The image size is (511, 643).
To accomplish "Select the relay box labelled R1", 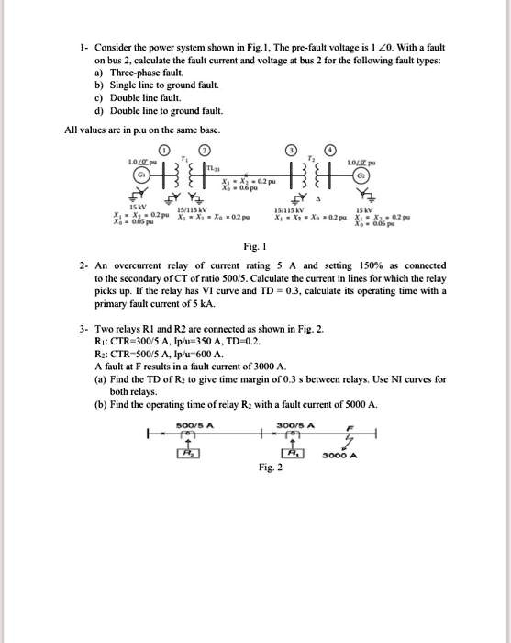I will (292, 453).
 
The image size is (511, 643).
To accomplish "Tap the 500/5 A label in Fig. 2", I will (194, 423).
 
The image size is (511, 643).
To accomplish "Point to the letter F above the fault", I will (347, 427).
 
